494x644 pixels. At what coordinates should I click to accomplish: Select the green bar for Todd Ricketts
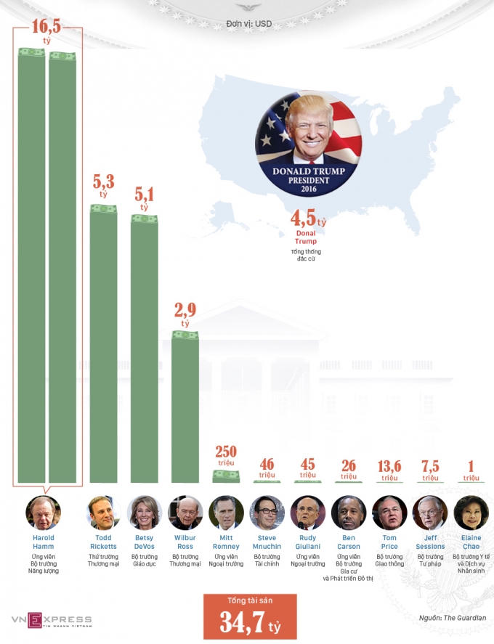click(103, 345)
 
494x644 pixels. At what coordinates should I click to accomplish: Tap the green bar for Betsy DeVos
click(144, 349)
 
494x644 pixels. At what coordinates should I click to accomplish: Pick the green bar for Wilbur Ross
click(185, 407)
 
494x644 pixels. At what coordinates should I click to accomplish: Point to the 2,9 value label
click(185, 310)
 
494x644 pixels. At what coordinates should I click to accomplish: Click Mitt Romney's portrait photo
click(225, 513)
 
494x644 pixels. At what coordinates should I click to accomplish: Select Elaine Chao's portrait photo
click(471, 513)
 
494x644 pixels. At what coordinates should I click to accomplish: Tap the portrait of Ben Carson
click(349, 513)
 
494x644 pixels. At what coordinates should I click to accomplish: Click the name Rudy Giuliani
click(307, 542)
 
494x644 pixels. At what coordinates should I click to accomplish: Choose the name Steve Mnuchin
click(266, 542)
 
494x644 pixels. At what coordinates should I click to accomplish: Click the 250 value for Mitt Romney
click(226, 452)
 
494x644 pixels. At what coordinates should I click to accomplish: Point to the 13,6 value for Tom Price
click(389, 465)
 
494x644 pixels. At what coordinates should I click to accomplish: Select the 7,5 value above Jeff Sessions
click(430, 465)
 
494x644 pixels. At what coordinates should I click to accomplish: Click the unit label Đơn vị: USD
click(249, 25)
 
